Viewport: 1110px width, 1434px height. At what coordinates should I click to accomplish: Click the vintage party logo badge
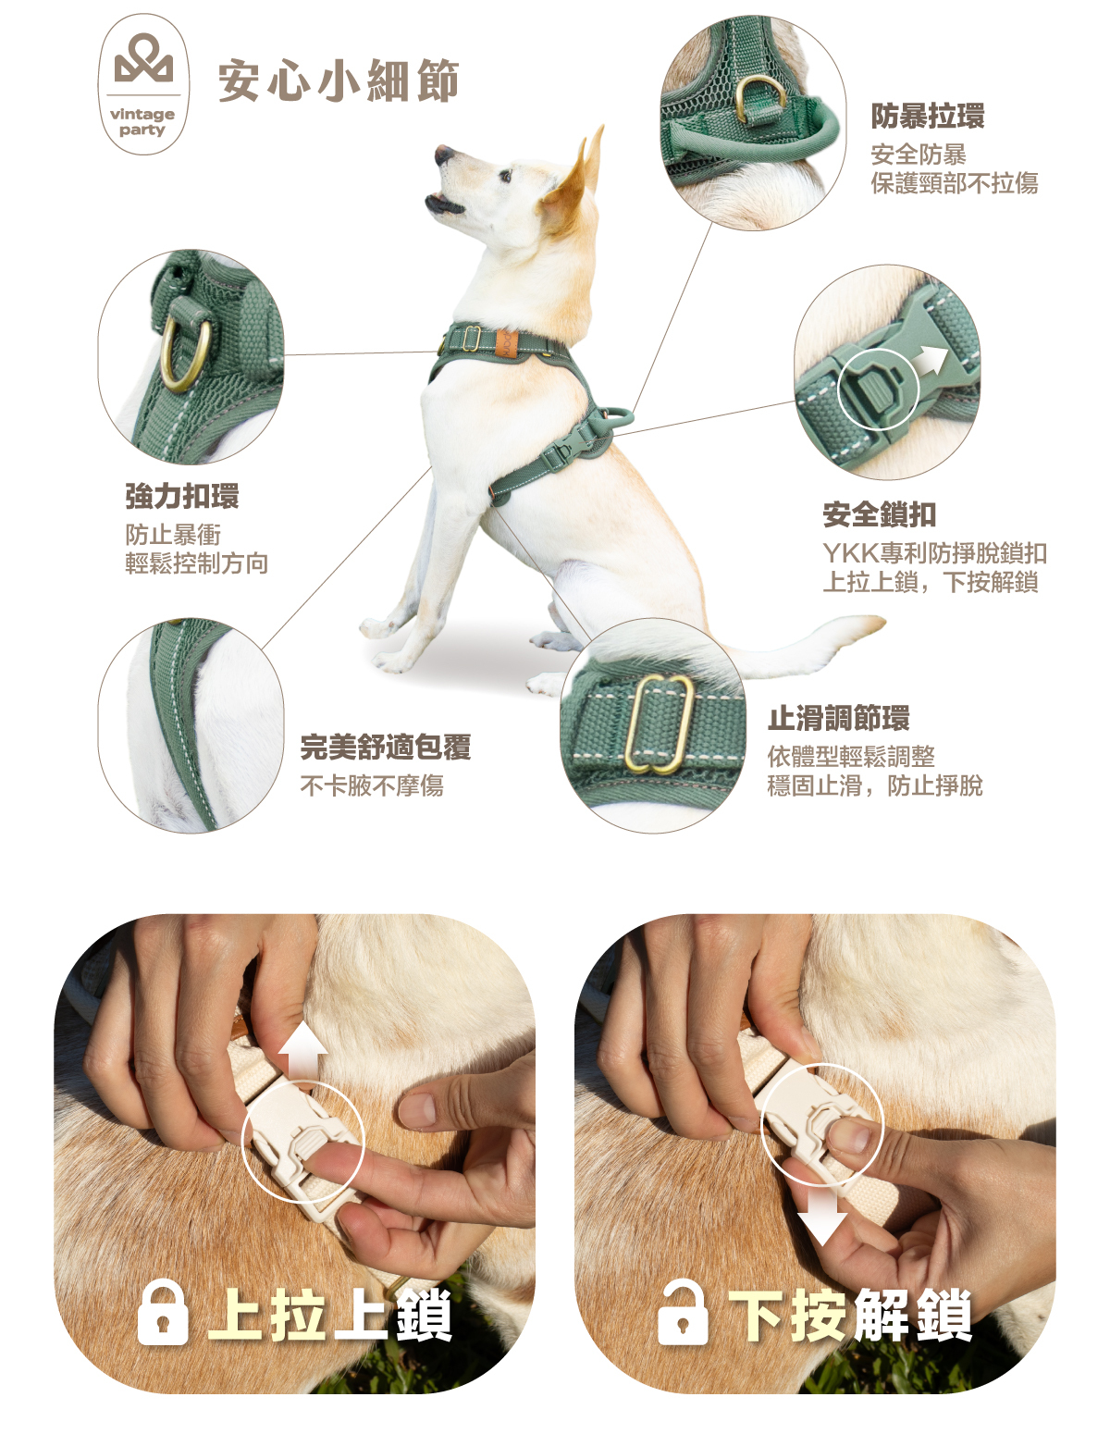pyautogui.click(x=143, y=84)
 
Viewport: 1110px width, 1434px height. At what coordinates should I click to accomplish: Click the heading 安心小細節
pyautogui.click(x=338, y=81)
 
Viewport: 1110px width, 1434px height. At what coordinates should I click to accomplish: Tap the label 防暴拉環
pyautogui.click(x=927, y=117)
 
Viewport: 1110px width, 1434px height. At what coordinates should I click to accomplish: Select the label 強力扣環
pyautogui.click(x=182, y=496)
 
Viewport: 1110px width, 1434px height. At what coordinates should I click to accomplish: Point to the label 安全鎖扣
pyautogui.click(x=879, y=514)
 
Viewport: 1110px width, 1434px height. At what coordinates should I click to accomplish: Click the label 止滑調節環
pyautogui.click(x=839, y=718)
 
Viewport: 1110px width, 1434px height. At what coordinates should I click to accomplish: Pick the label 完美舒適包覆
pyautogui.click(x=386, y=747)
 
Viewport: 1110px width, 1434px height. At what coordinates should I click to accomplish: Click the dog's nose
pyautogui.click(x=441, y=155)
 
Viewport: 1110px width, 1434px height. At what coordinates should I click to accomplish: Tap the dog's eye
pyautogui.click(x=506, y=176)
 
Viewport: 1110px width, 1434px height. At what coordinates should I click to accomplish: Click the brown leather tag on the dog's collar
pyautogui.click(x=506, y=343)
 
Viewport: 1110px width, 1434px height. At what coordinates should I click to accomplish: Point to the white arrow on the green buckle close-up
pyautogui.click(x=931, y=360)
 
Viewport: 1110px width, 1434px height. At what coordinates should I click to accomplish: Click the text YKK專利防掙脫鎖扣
pyautogui.click(x=934, y=553)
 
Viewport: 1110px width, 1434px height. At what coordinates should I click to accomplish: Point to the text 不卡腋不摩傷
pyautogui.click(x=372, y=785)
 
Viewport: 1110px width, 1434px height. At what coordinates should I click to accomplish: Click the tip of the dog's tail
pyautogui.click(x=882, y=621)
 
